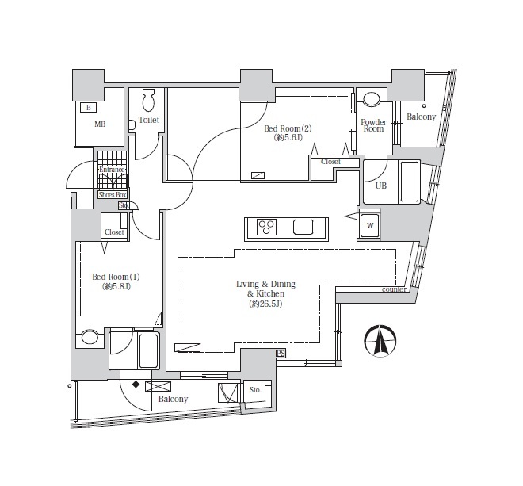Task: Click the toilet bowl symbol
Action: (x=148, y=100)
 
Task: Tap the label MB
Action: (x=100, y=124)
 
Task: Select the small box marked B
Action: (x=89, y=108)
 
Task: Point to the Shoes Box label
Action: (x=113, y=194)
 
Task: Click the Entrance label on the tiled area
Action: (x=112, y=170)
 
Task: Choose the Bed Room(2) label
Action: (x=288, y=128)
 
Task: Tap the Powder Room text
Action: (x=373, y=125)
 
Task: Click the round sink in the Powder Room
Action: (x=371, y=99)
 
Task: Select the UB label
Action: (x=381, y=186)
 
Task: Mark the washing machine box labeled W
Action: (x=369, y=226)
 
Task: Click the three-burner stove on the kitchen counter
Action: (x=266, y=227)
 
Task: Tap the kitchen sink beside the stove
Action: (x=303, y=227)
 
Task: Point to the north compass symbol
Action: (x=380, y=340)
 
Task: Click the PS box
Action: (x=281, y=353)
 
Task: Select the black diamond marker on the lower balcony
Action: (x=136, y=385)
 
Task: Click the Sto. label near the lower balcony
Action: (x=255, y=390)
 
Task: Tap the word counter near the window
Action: (x=394, y=289)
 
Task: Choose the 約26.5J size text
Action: (x=265, y=304)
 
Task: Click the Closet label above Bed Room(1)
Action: (x=114, y=232)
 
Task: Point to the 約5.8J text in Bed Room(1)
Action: (x=116, y=286)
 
